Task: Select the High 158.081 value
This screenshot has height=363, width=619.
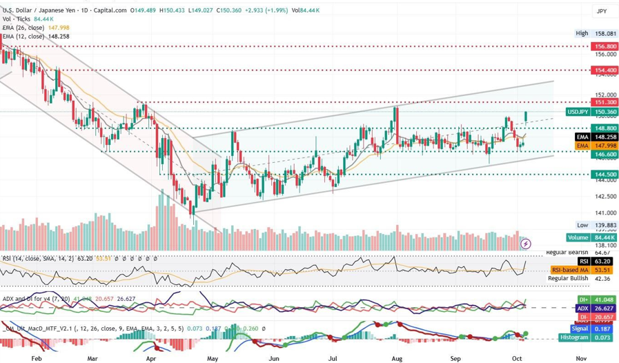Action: coord(607,33)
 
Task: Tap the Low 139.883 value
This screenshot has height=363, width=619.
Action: coord(607,225)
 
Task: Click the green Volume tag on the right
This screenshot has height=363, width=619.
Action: coord(578,237)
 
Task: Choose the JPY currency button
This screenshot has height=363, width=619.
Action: coord(602,11)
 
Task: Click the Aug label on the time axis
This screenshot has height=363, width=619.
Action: coord(396,359)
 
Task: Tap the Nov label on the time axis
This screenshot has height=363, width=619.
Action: coord(581,359)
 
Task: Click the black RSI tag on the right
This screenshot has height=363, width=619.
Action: coord(584,262)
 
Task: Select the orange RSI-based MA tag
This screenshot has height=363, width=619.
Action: coord(570,270)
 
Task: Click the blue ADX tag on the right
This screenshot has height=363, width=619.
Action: coord(584,308)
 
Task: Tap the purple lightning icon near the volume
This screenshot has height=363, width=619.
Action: coord(526,244)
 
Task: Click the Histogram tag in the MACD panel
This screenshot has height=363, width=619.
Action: coord(575,337)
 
